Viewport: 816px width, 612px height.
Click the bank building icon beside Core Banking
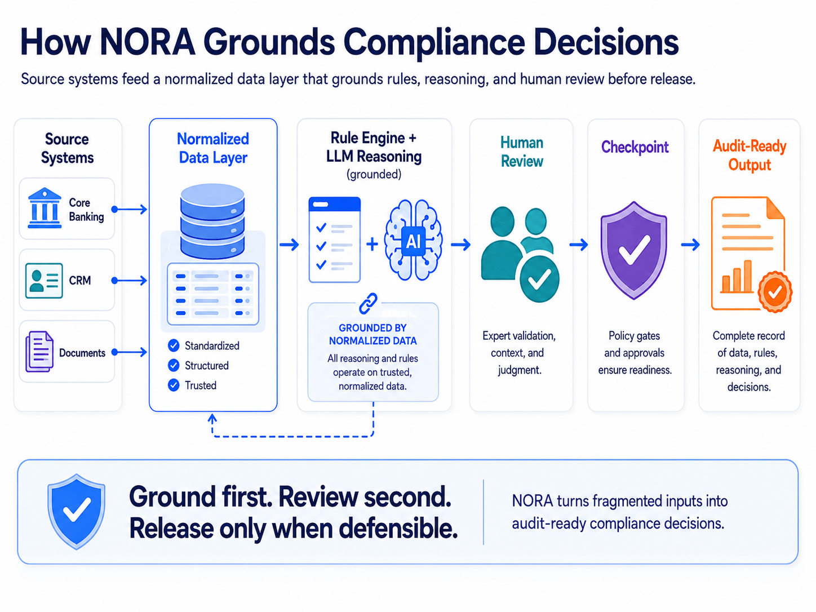(45, 207)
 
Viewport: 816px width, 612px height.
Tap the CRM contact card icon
(44, 281)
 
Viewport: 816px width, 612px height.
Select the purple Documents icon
(39, 352)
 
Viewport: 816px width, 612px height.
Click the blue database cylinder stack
(212, 221)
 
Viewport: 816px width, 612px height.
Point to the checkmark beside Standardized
(173, 345)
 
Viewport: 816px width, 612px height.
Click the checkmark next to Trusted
(173, 385)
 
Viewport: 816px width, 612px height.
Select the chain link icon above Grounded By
(368, 303)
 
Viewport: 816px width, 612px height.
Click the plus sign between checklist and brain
(372, 244)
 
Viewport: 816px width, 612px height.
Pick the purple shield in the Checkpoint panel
(634, 250)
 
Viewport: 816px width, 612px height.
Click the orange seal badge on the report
(775, 292)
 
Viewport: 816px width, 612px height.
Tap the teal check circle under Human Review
(539, 279)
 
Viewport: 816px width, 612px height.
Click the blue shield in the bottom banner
(76, 511)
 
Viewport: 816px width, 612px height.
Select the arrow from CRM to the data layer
(130, 281)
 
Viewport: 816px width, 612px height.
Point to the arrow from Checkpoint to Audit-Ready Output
(690, 245)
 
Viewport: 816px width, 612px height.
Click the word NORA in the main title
(148, 42)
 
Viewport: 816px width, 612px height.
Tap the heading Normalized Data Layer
(213, 148)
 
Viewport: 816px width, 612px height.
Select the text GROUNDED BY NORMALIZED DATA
(372, 334)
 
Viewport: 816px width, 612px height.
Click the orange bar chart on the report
(737, 277)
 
